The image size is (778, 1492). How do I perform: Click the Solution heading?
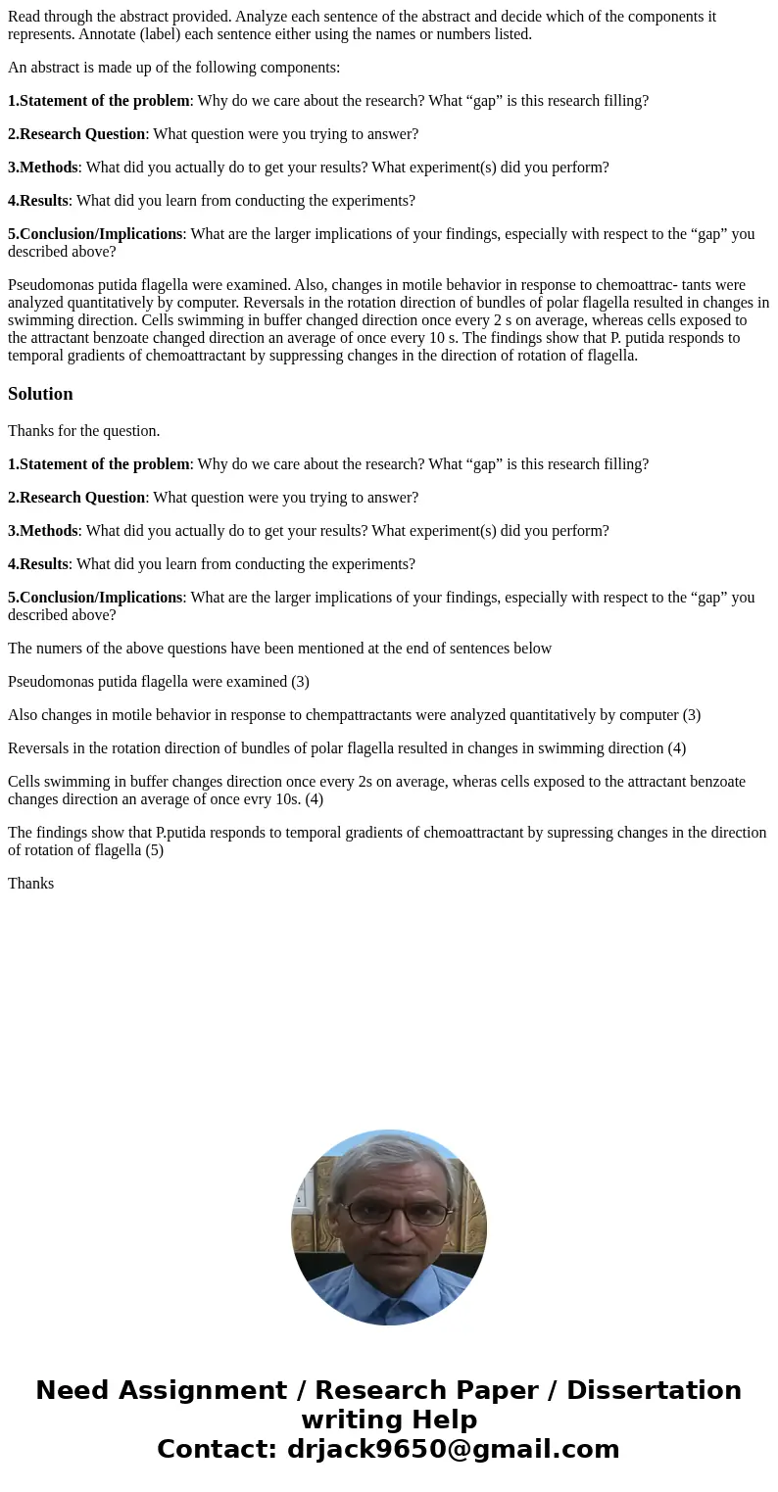tap(40, 394)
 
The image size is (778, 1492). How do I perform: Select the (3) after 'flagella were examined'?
tap(300, 682)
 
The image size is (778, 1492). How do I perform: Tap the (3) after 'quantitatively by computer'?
tap(691, 715)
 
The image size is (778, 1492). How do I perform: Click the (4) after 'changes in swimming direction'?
tap(676, 748)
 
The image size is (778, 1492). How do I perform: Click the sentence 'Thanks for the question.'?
tap(83, 431)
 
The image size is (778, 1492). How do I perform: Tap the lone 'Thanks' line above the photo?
tap(30, 884)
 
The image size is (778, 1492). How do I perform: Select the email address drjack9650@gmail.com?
tap(453, 1449)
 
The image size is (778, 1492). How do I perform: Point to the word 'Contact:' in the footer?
tap(217, 1449)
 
